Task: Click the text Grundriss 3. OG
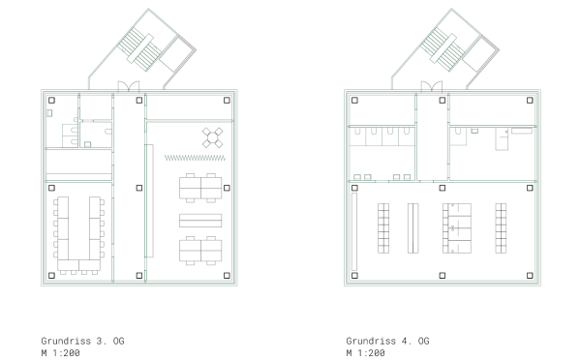click(x=82, y=342)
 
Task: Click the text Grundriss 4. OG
click(x=387, y=342)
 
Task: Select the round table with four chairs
click(x=212, y=137)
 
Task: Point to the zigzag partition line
click(x=195, y=156)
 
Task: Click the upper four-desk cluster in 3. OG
click(x=201, y=186)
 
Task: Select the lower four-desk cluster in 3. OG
click(x=201, y=249)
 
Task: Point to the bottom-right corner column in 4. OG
click(x=531, y=274)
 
